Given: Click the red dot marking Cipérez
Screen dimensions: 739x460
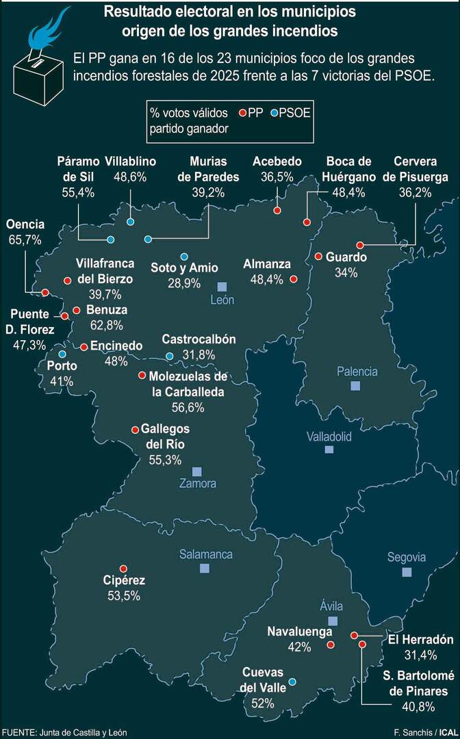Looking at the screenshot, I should click(x=123, y=568).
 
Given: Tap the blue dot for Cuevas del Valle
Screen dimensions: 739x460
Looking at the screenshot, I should click(x=292, y=682).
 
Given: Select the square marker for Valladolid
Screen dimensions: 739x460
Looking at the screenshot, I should click(x=329, y=450).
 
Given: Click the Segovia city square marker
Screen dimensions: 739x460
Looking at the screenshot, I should click(x=407, y=571).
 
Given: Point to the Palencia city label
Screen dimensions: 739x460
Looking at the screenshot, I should click(x=357, y=372).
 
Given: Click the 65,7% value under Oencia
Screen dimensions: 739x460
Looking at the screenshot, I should click(x=25, y=239).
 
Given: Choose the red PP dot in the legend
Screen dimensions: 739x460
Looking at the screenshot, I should click(x=243, y=112).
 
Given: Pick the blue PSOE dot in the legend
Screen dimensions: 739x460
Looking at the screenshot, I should click(x=274, y=112).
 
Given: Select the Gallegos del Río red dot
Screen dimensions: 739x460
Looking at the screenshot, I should click(x=135, y=430).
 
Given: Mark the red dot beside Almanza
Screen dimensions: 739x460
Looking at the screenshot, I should click(x=293, y=278).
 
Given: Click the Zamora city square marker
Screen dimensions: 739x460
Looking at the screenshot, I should click(x=197, y=471).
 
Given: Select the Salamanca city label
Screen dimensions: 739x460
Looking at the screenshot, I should click(x=206, y=554).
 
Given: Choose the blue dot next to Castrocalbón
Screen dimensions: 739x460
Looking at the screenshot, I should click(x=169, y=356).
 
